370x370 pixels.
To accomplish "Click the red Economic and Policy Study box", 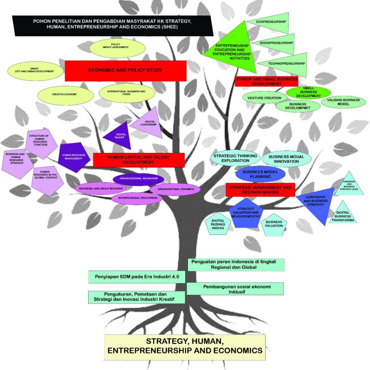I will (x=125, y=70).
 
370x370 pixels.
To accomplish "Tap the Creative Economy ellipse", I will (x=64, y=94).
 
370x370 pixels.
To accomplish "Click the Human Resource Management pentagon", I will (x=73, y=157).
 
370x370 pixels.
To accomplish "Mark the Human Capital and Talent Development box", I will (x=139, y=160).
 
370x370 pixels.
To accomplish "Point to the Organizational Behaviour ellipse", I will (x=138, y=179).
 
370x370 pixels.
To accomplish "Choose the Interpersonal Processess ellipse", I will (x=137, y=198).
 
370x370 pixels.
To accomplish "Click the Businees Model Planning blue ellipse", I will (x=260, y=174).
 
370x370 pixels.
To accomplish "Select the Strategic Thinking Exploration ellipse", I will (x=235, y=158).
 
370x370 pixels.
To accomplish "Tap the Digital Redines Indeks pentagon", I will (x=218, y=224).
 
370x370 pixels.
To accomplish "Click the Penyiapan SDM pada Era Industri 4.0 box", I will (x=137, y=277).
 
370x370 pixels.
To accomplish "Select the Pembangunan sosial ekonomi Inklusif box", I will (x=235, y=289).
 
